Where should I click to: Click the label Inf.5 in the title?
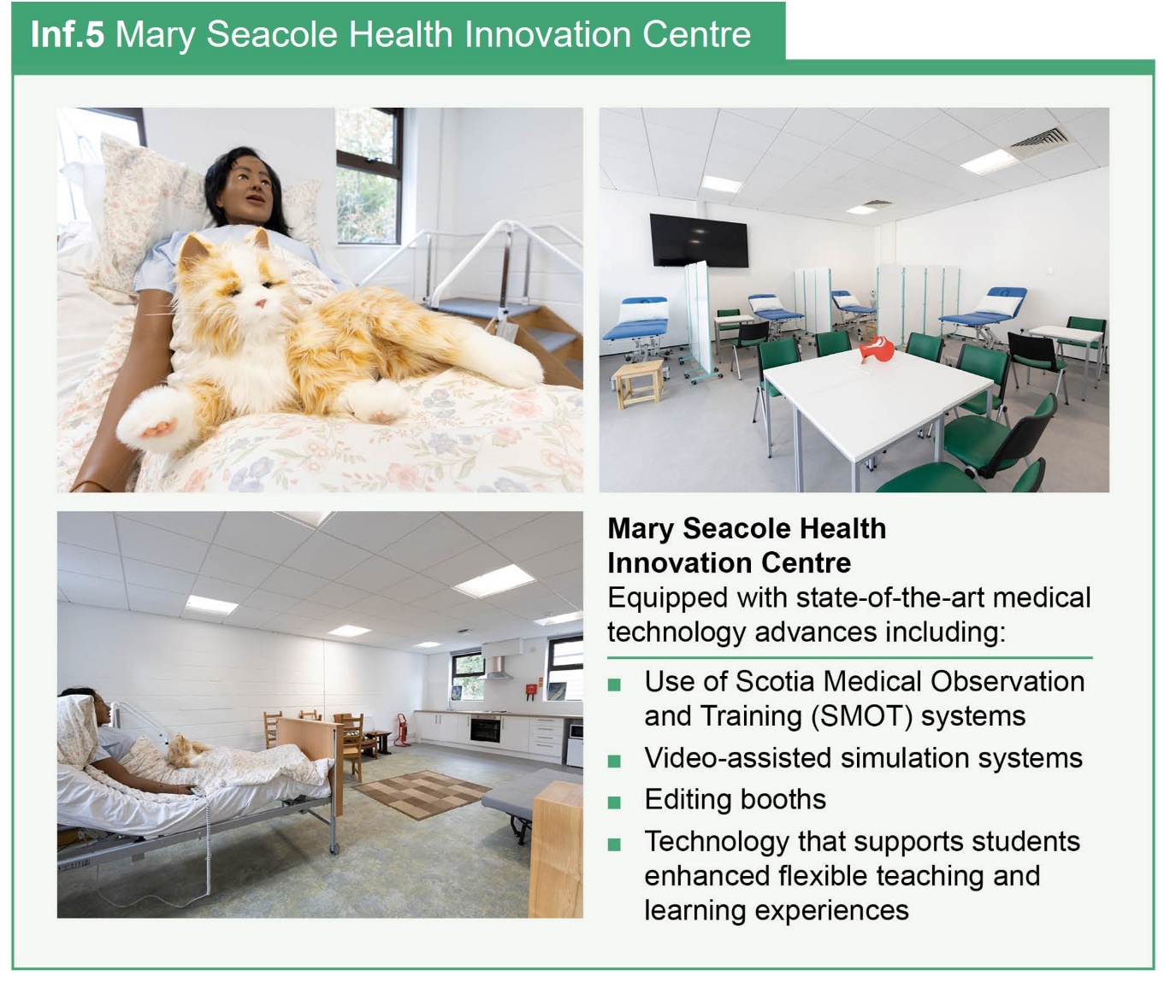point(67,35)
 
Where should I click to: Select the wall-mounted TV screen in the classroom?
point(699,240)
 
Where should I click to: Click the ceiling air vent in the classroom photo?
point(1037,140)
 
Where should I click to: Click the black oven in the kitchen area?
point(485,729)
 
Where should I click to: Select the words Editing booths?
point(735,799)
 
